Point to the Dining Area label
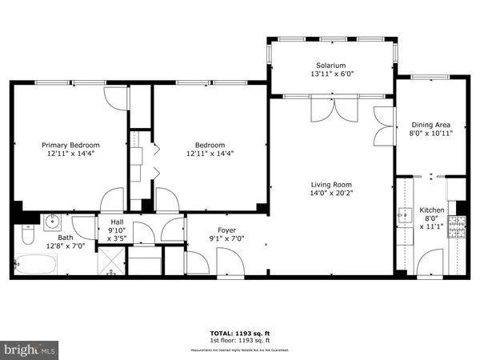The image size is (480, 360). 431,125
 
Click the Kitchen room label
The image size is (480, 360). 432,210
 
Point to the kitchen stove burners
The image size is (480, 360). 457,228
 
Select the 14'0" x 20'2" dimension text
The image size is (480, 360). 331,193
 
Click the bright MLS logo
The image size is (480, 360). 30,350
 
